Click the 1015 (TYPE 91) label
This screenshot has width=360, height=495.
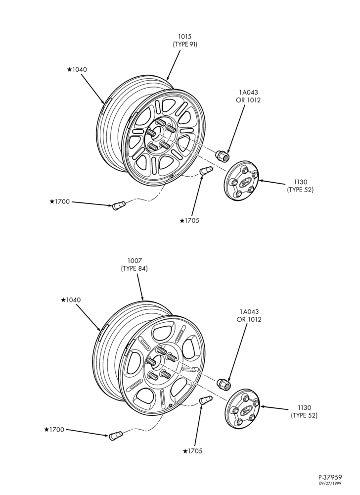point(185,41)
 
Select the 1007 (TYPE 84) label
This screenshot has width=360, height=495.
point(135,265)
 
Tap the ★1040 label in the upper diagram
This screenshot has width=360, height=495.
point(77,69)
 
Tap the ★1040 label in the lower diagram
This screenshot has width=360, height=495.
point(71,300)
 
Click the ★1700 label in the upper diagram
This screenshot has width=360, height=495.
point(59,202)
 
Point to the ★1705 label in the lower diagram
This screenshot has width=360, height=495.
point(192,451)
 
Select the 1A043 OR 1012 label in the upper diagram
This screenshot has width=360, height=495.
point(248,97)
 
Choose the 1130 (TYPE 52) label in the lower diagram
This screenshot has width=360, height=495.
point(304,411)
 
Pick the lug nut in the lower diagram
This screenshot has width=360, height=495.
point(224,384)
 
